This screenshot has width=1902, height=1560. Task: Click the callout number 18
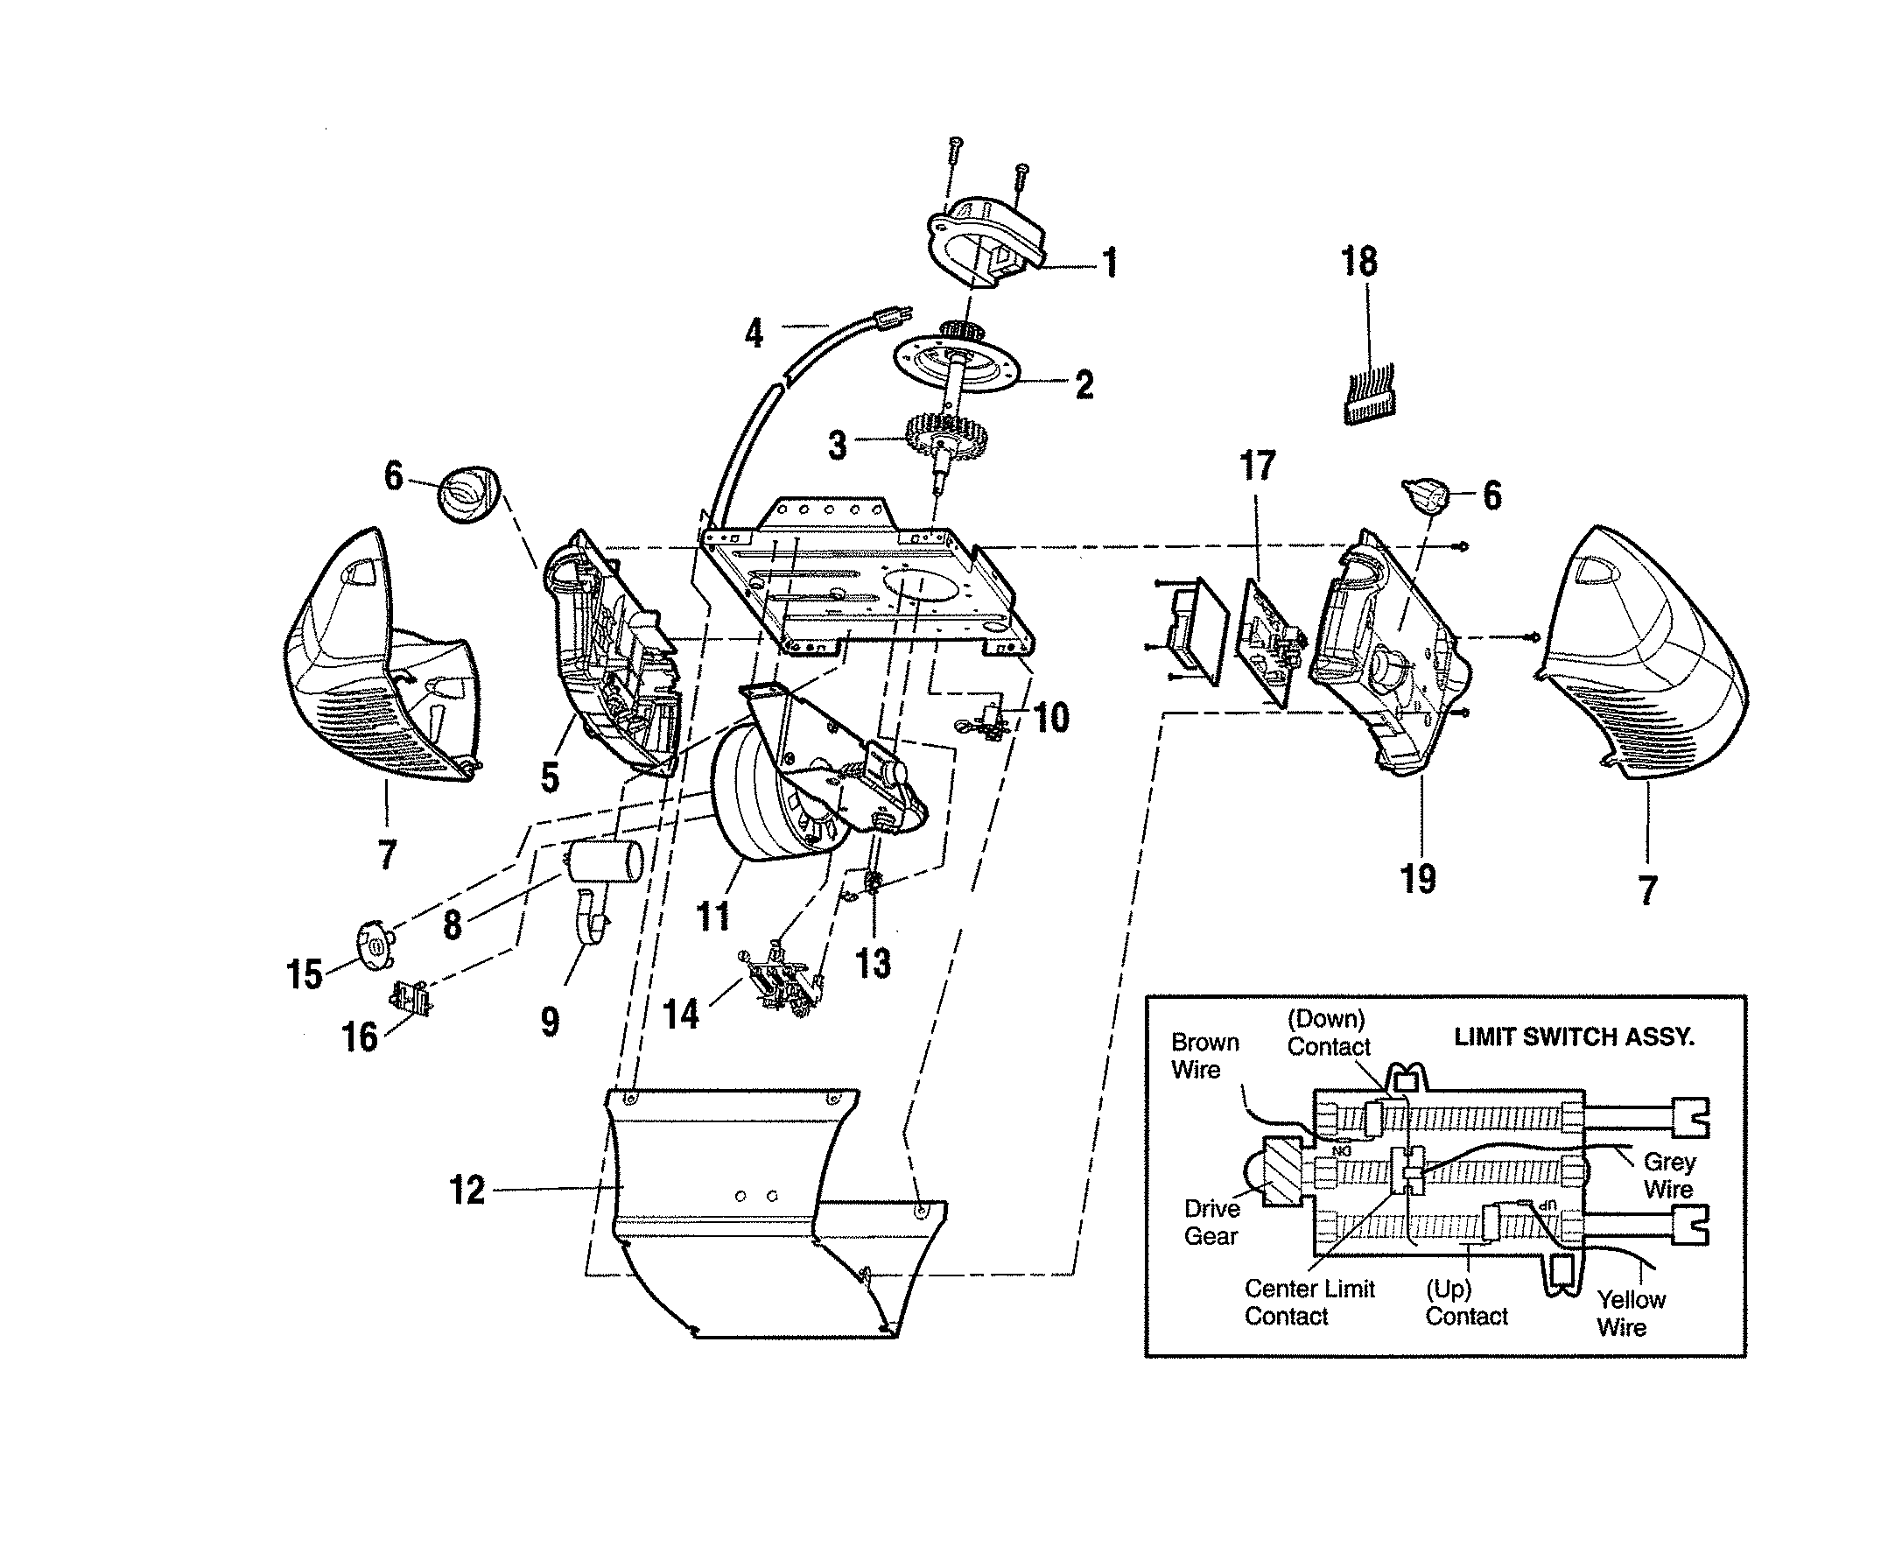click(1358, 263)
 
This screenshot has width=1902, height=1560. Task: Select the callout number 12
click(467, 1191)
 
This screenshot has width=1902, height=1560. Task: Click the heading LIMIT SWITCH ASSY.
click(1573, 1037)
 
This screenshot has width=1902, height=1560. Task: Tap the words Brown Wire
click(1204, 1056)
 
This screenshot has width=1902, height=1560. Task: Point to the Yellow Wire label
click(1630, 1313)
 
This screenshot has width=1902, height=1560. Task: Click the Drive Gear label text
click(1211, 1222)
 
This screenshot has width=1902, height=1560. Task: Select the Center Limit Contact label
click(1309, 1302)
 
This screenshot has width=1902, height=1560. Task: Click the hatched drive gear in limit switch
click(1282, 1172)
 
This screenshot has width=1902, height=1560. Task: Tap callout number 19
click(1418, 878)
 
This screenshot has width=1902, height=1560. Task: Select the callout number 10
click(1050, 718)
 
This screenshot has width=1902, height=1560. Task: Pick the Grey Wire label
click(1668, 1176)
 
